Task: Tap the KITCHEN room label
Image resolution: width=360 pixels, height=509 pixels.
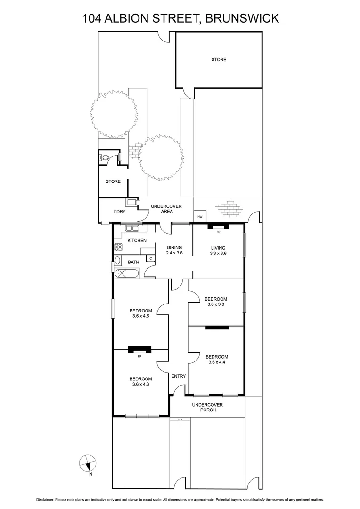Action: pos(137,241)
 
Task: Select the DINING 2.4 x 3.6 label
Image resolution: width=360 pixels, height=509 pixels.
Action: pos(174,250)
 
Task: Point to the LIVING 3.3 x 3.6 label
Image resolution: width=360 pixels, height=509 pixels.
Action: pos(218,250)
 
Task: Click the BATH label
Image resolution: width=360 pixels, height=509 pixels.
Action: pos(134,262)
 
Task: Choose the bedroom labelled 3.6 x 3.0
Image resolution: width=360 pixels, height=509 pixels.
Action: pos(216,302)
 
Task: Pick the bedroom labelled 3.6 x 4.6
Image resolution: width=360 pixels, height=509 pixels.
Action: pos(141,313)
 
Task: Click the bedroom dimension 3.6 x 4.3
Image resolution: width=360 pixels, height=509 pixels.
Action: pos(141,385)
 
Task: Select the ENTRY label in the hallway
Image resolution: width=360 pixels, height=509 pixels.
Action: pos(179,376)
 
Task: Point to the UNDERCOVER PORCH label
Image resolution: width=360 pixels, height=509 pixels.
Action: pos(207,407)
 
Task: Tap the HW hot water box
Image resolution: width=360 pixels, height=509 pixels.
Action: pos(200,217)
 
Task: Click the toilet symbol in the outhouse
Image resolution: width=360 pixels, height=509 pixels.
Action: pos(105,158)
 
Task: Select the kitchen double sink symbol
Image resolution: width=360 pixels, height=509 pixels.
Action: pos(132,229)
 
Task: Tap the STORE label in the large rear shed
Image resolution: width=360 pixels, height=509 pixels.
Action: pos(219,60)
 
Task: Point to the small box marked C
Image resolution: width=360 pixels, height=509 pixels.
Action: pos(150,258)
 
